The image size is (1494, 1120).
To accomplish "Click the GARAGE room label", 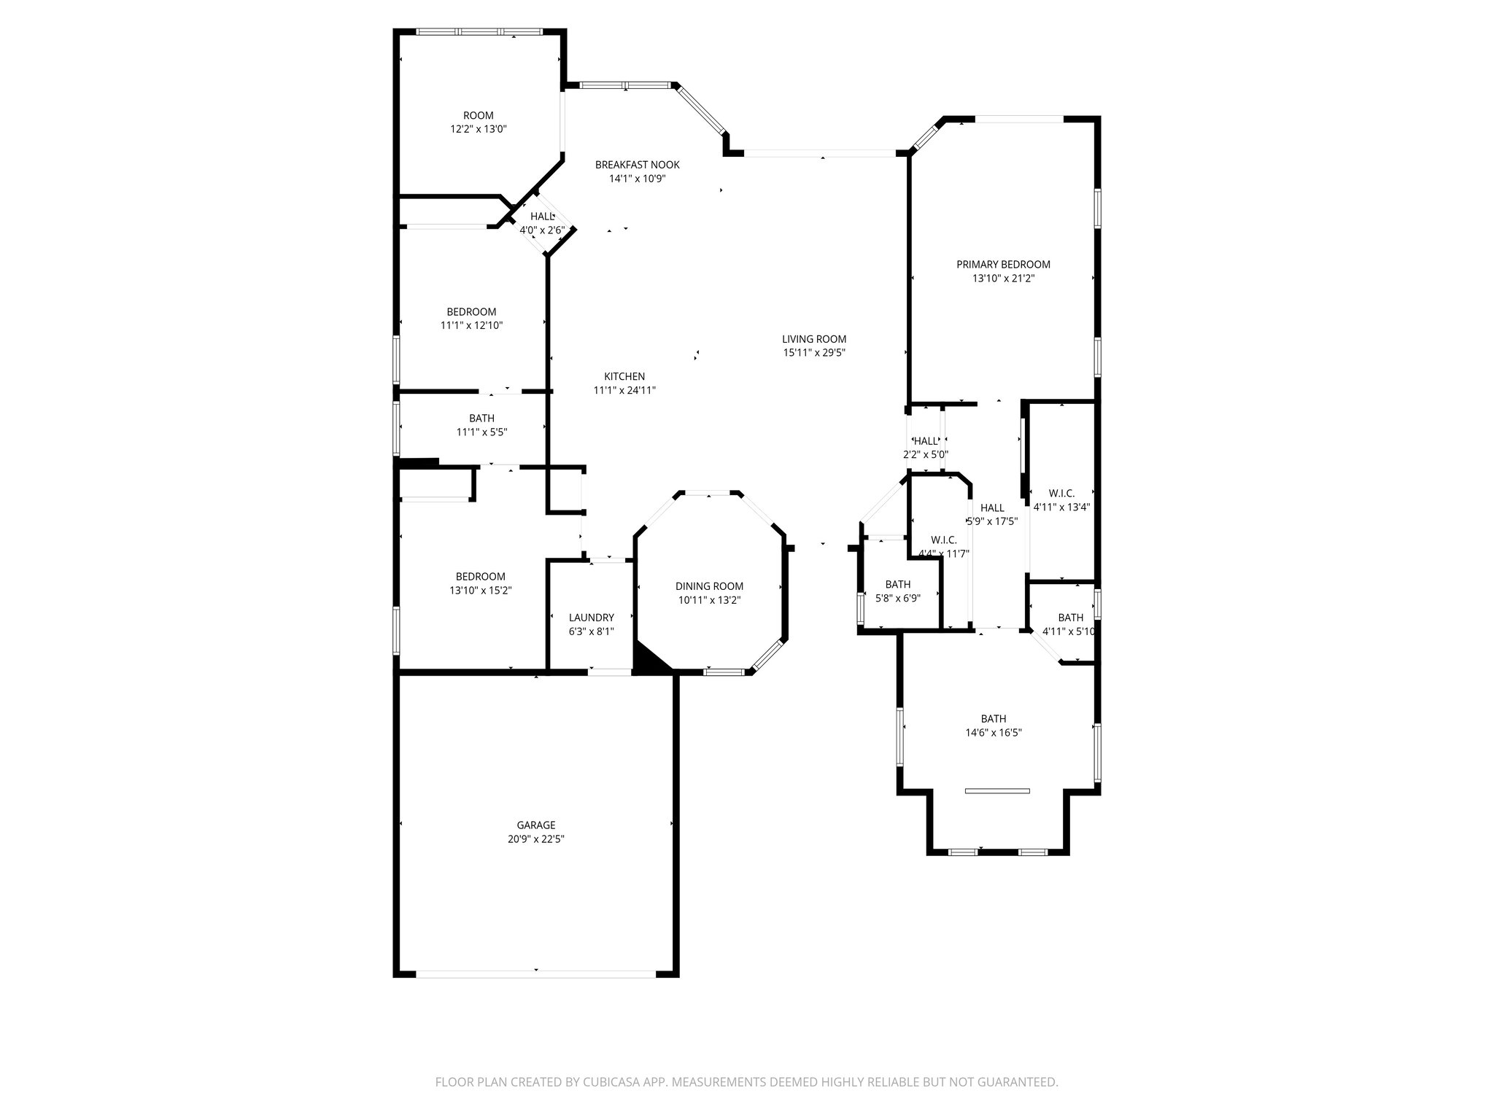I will pyautogui.click(x=536, y=825).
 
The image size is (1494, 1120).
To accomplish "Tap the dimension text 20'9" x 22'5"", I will pyautogui.click(x=536, y=839).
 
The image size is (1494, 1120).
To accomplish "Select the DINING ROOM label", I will pyautogui.click(x=709, y=586).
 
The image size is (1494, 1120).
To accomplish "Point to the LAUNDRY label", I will pyautogui.click(x=591, y=617).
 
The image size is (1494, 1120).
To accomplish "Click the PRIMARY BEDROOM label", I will pyautogui.click(x=1003, y=264).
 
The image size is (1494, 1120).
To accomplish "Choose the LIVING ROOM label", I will pyautogui.click(x=814, y=338).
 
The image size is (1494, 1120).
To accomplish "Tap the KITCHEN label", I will pyautogui.click(x=624, y=376).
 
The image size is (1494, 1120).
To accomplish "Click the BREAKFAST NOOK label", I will pyautogui.click(x=637, y=165).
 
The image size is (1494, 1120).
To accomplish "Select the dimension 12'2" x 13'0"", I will pyautogui.click(x=478, y=129).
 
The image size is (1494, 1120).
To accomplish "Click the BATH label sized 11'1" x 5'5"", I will pyautogui.click(x=481, y=418).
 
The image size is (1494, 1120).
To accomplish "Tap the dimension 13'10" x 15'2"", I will pyautogui.click(x=480, y=590).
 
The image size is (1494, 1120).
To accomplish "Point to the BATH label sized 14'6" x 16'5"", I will pyautogui.click(x=993, y=718).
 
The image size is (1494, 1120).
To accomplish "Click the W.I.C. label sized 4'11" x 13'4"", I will pyautogui.click(x=1061, y=493).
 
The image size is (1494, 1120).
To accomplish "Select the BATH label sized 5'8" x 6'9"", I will pyautogui.click(x=897, y=584).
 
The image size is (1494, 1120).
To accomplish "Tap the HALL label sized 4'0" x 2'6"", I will pyautogui.click(x=542, y=217).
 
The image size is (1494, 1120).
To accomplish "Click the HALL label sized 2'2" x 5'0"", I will pyautogui.click(x=926, y=441).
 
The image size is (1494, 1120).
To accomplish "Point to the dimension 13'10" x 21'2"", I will pyautogui.click(x=1003, y=278).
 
